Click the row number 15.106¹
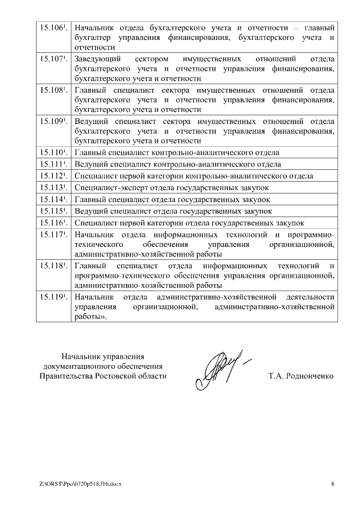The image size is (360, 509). [52, 28]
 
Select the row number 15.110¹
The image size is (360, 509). [52, 152]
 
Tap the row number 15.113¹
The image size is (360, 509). [52, 188]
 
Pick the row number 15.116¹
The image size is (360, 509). [52, 223]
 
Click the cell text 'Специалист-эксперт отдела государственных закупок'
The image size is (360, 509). [172, 188]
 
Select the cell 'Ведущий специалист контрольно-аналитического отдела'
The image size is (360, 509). [178, 164]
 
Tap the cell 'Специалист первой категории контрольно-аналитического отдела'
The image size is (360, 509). [194, 176]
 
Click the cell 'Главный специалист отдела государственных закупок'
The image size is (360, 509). [172, 200]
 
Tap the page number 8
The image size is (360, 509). [332, 483]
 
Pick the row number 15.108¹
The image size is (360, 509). [52, 90]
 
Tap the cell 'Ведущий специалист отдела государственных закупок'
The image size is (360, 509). [173, 211]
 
